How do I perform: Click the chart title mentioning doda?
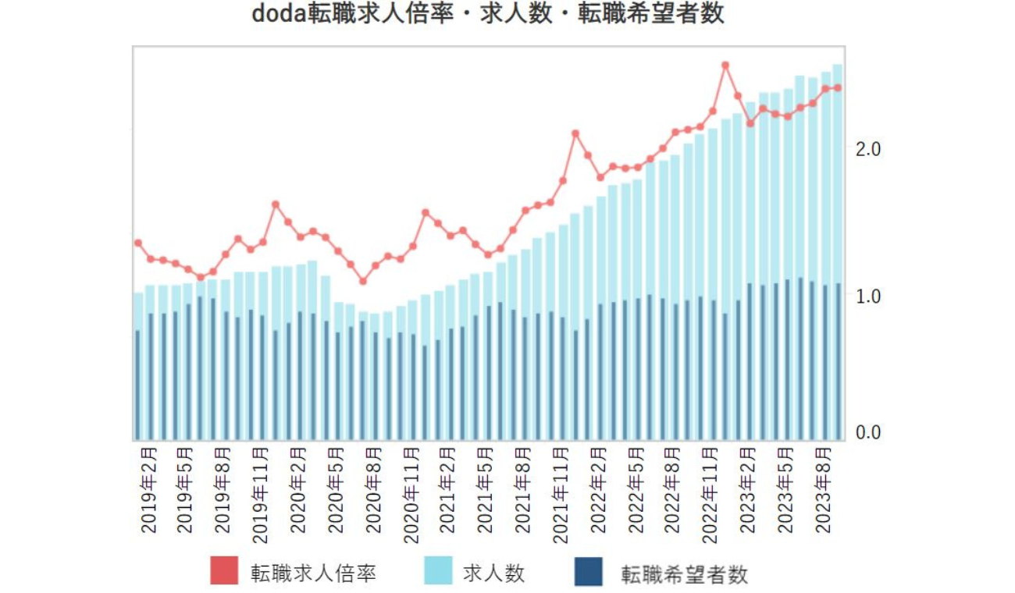[488, 15]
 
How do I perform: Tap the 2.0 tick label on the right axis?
[869, 148]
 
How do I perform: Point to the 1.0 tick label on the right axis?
[869, 296]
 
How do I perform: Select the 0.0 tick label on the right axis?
[869, 432]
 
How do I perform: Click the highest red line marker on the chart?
[725, 66]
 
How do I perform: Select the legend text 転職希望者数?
[685, 574]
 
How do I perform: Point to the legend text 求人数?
[493, 573]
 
